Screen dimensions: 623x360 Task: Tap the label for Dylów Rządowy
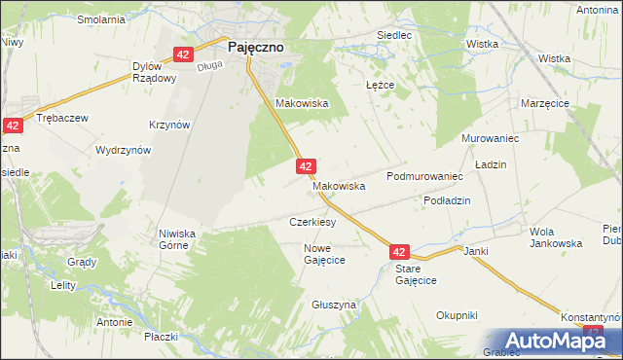click(x=154, y=72)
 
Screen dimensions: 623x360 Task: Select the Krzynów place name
click(x=168, y=125)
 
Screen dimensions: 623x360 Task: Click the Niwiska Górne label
click(x=178, y=239)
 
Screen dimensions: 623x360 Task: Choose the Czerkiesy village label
click(x=312, y=222)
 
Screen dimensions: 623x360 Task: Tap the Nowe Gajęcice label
click(x=325, y=255)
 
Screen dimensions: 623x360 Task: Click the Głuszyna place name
click(x=334, y=305)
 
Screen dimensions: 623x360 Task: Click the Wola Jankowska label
click(x=555, y=237)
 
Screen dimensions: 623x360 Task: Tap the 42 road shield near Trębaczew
click(x=13, y=126)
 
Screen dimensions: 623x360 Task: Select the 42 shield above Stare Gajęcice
click(x=401, y=251)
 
